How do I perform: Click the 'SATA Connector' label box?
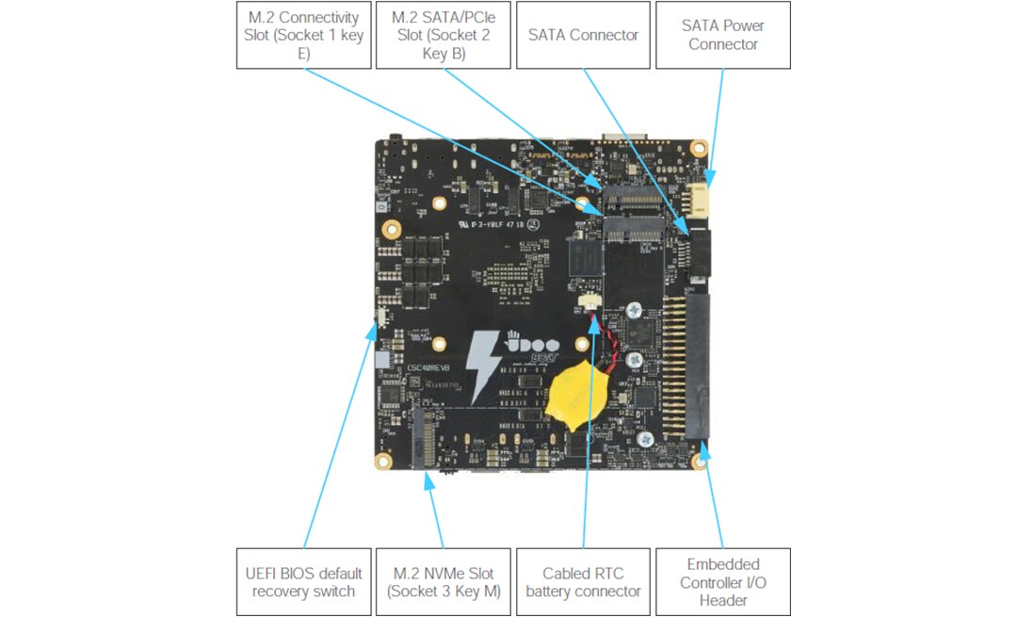583,35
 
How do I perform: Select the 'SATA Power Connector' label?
722,35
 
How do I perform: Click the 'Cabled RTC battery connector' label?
583,582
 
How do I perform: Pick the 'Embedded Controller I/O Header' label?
722,582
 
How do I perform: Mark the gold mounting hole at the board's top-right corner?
699,149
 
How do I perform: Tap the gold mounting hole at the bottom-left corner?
383,461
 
